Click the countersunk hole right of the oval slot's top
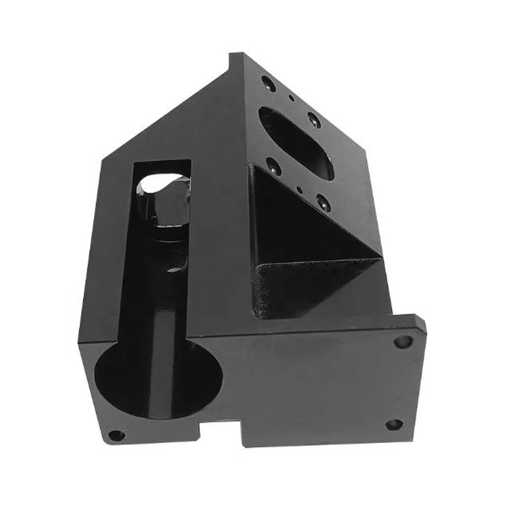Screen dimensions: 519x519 (x=313, y=119)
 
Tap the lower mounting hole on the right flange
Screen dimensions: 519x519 (x=394, y=425)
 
